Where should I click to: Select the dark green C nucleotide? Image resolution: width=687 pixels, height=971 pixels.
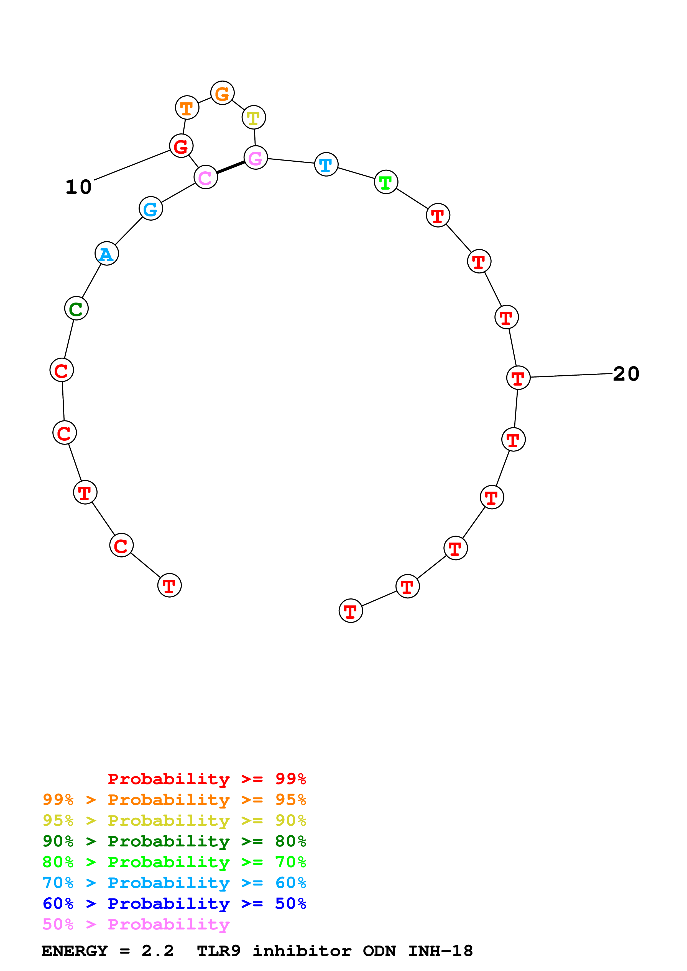coord(76,308)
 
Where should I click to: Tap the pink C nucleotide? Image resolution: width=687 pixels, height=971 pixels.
coord(206,177)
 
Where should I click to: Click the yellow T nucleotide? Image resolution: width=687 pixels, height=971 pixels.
coord(254,118)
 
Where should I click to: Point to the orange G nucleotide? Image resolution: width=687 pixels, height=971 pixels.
coord(222,93)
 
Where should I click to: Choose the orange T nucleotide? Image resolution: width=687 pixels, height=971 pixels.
coord(187,108)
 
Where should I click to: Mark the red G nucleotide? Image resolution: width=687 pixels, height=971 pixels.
coord(181,146)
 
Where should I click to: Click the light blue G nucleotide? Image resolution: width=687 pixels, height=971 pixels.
coord(151,208)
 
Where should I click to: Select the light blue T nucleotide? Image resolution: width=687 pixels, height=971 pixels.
coord(326,164)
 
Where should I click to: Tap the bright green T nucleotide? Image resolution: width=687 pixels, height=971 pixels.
coord(385,182)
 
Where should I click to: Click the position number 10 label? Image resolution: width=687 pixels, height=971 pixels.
coord(78,187)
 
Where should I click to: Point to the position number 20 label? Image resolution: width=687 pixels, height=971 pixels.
coord(626,374)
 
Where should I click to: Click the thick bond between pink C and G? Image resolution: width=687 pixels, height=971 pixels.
coord(231,167)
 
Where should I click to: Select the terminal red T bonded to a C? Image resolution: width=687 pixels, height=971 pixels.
coord(169,586)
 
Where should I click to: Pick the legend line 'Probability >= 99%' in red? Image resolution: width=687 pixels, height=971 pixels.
coord(206,779)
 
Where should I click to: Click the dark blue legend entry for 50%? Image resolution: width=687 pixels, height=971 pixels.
coord(174,903)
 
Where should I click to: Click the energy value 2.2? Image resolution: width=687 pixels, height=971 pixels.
coord(157,951)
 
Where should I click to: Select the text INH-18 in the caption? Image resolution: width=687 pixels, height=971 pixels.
coord(440,951)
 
